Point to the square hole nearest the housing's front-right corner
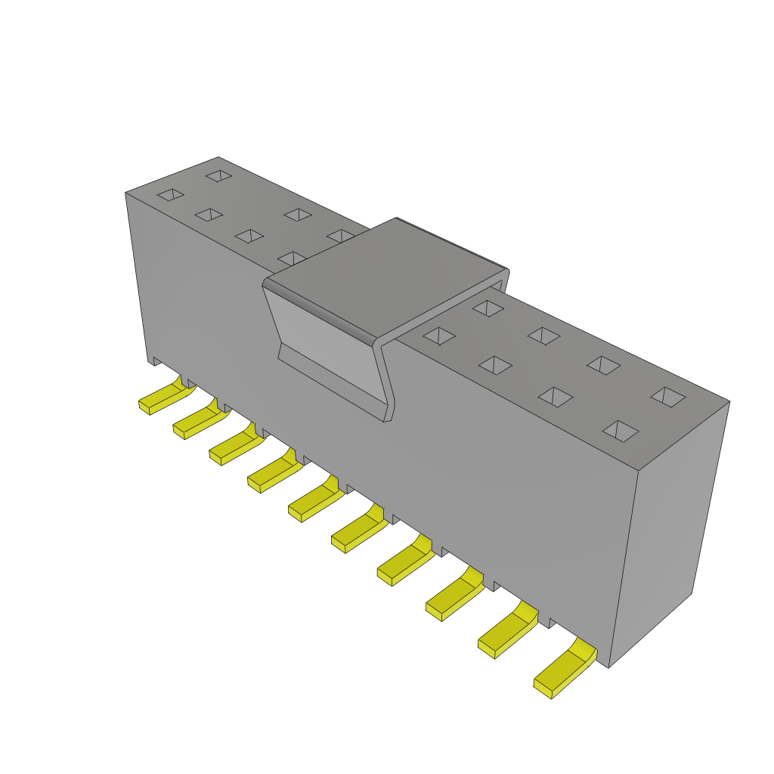tap(620, 431)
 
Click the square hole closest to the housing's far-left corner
tap(171, 194)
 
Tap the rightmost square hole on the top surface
tap(668, 397)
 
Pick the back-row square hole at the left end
tap(218, 175)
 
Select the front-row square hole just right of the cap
tap(438, 336)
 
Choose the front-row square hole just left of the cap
tap(293, 259)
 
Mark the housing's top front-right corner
tap(639, 470)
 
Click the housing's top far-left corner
tap(126, 193)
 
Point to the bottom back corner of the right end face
tap(691, 593)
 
